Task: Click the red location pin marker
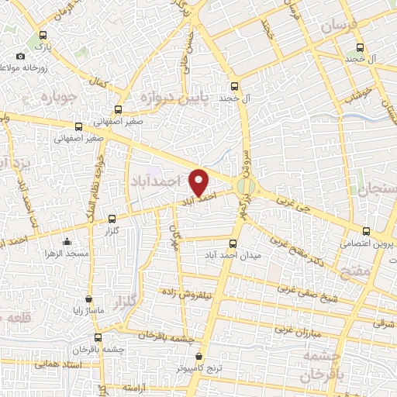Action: [x=200, y=182]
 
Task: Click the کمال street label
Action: [x=98, y=81]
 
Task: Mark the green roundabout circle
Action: [x=246, y=186]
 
